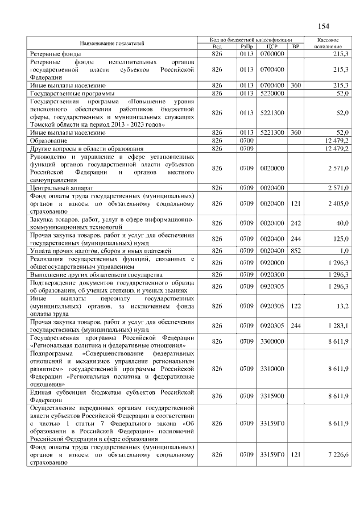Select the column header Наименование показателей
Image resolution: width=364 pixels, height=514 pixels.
[111, 43]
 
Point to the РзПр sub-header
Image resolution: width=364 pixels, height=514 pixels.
[246, 46]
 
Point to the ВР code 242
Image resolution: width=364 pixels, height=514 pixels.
[296, 223]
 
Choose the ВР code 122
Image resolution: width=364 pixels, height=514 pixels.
[296, 305]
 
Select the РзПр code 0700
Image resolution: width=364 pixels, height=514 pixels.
[246, 140]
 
